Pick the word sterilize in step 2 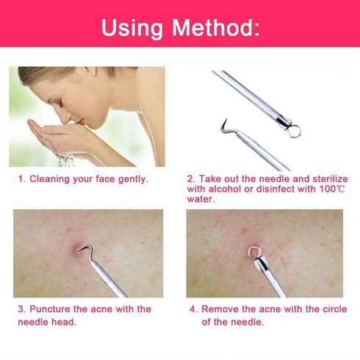tap(327, 179)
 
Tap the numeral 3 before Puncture tap(21, 309)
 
